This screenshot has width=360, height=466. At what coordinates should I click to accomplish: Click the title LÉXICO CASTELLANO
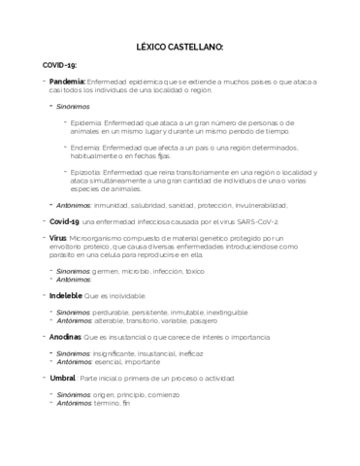click(180, 45)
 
